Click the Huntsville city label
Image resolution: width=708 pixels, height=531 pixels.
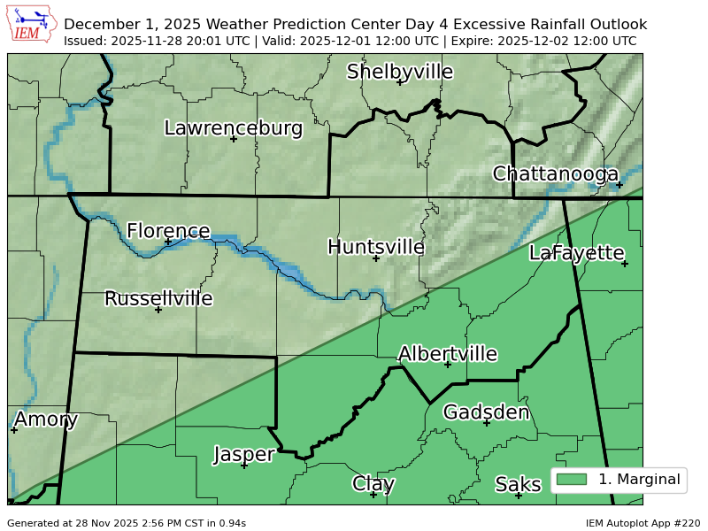tap(375, 247)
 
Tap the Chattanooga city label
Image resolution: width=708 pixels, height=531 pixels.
tap(555, 174)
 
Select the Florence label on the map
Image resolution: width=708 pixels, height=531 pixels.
tap(168, 231)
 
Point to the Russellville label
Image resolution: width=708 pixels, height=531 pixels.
tap(158, 298)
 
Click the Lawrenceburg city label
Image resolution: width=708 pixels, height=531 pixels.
tap(234, 128)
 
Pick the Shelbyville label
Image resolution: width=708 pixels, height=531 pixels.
tap(399, 72)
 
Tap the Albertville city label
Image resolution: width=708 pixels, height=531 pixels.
tap(447, 354)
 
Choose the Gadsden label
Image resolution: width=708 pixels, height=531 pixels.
tap(486, 412)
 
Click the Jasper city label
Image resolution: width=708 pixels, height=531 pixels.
tap(243, 454)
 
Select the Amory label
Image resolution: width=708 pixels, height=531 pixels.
tap(46, 419)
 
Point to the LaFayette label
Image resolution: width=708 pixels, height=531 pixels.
tap(576, 252)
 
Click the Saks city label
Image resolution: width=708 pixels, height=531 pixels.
tap(518, 484)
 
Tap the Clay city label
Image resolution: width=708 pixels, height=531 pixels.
tap(373, 483)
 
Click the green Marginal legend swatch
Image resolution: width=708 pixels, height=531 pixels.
tap(572, 480)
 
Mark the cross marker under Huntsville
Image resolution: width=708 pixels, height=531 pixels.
tap(376, 258)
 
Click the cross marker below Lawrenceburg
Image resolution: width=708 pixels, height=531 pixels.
tap(234, 139)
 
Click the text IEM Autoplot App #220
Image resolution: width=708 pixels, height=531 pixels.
tap(643, 523)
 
